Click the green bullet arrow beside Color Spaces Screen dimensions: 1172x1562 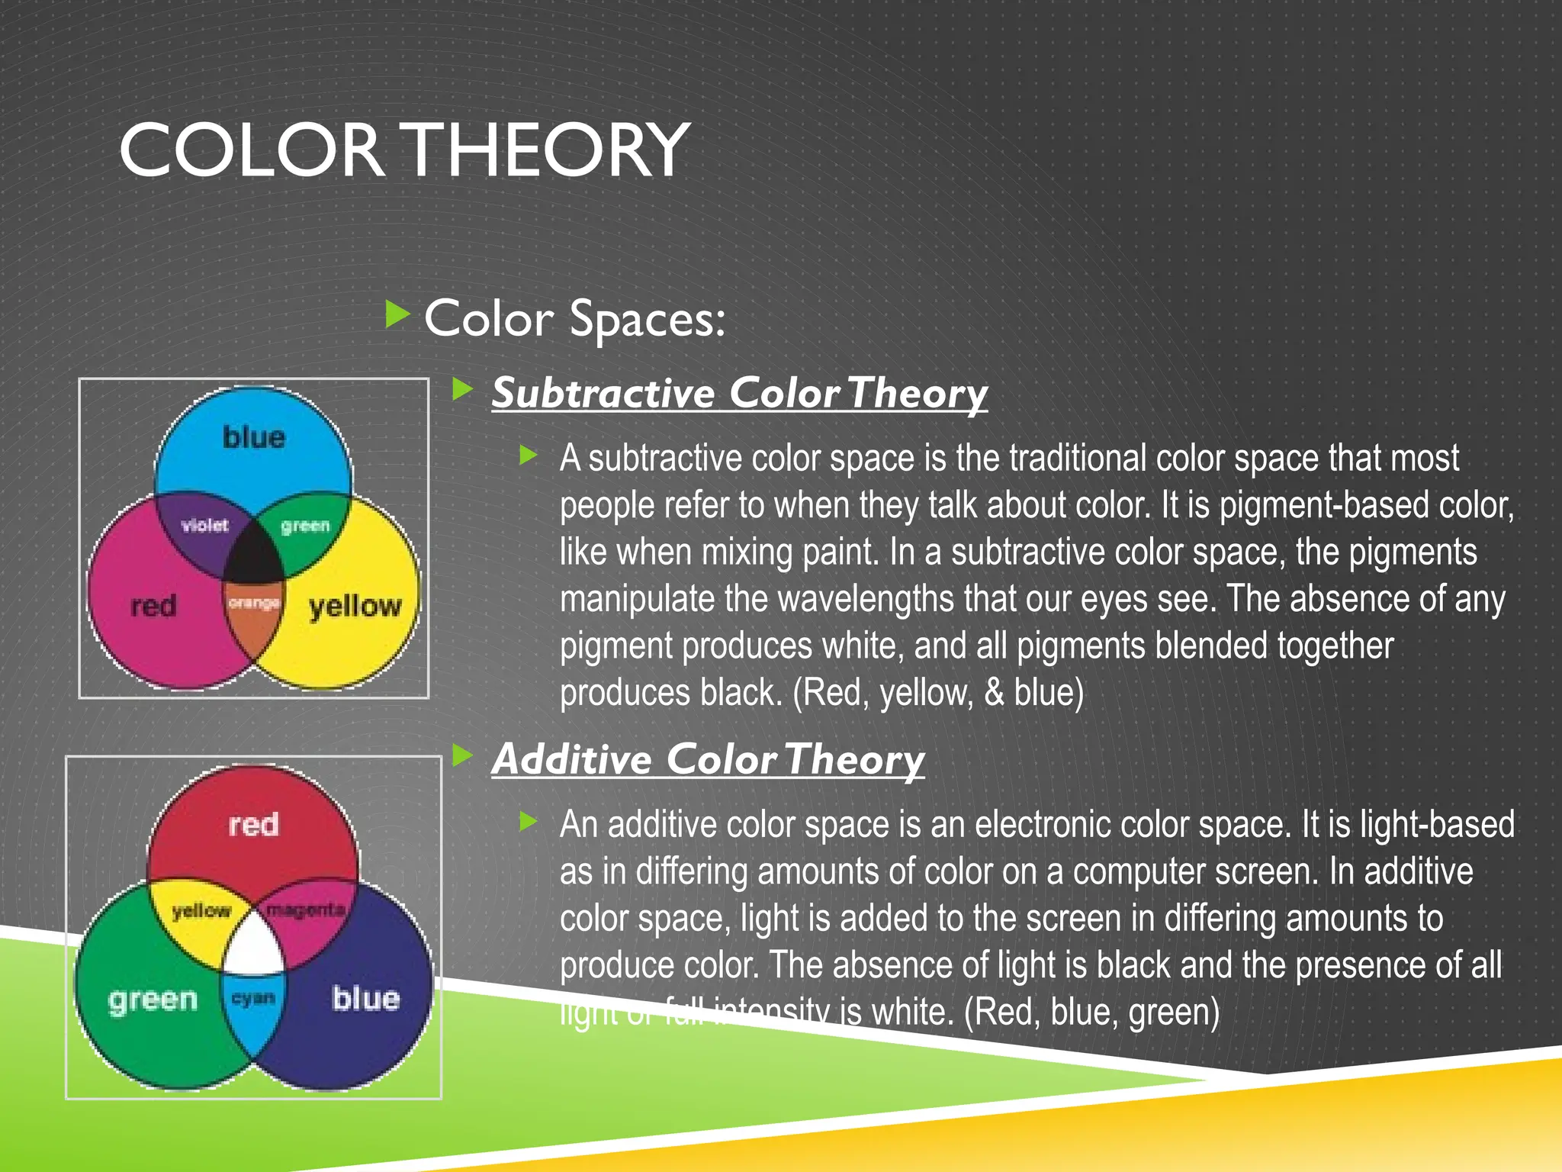click(x=397, y=314)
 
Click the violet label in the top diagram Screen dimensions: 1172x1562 click(x=204, y=525)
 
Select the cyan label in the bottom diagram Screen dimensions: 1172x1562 click(x=253, y=998)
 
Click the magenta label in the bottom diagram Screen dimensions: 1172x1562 click(x=306, y=910)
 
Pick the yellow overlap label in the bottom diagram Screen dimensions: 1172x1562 click(x=201, y=910)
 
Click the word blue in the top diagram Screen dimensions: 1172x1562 click(x=254, y=437)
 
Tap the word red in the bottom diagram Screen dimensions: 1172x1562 click(x=253, y=825)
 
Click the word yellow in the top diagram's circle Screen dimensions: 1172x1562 click(x=355, y=607)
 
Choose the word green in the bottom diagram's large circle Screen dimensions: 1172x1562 click(x=153, y=1000)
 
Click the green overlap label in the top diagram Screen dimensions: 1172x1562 click(x=305, y=526)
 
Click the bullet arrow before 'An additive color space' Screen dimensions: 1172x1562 click(x=528, y=822)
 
